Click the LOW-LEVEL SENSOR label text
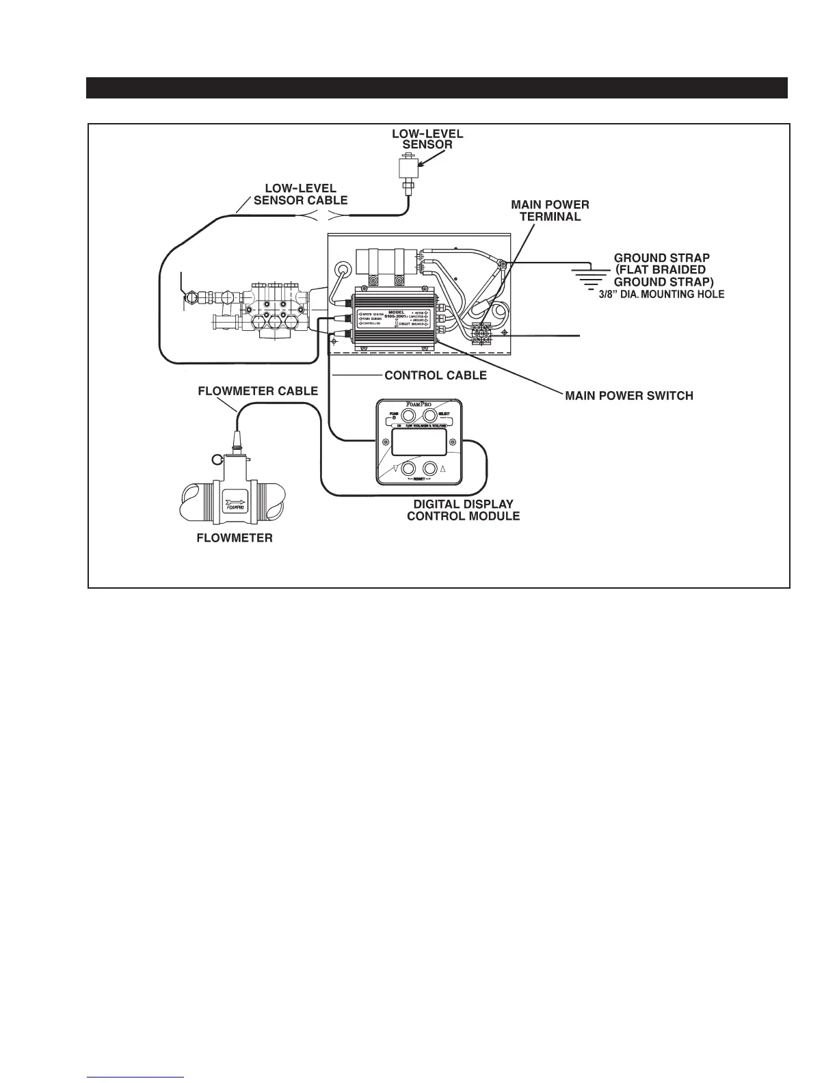point(427,139)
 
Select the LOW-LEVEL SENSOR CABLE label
point(301,194)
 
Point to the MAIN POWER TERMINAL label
point(550,211)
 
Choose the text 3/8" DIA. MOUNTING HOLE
point(656,295)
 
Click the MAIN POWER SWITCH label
point(628,396)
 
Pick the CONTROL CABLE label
point(436,375)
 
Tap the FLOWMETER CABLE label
point(258,391)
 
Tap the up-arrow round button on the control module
point(431,469)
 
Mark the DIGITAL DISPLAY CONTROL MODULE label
point(463,510)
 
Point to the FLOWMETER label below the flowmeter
point(235,538)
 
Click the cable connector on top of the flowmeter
point(238,443)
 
